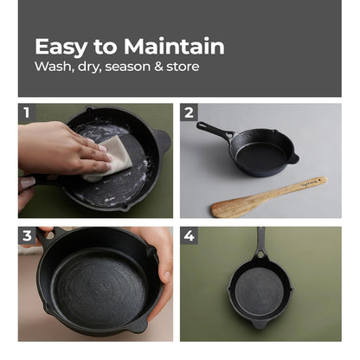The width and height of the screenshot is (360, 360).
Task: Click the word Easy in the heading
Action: (x=61, y=47)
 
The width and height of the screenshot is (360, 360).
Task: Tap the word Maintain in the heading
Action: (x=174, y=46)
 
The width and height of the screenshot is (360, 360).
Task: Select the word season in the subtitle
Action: (x=127, y=67)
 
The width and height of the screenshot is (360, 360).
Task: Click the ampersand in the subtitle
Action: (x=158, y=67)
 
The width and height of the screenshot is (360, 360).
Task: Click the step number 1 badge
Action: (x=27, y=112)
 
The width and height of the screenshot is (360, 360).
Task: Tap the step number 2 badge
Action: (x=189, y=112)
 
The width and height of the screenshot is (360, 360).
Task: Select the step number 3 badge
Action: (x=27, y=235)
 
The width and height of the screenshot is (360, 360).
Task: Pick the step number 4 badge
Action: (x=189, y=235)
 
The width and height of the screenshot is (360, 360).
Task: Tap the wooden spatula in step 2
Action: (x=269, y=197)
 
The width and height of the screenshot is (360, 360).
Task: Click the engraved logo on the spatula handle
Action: (x=310, y=183)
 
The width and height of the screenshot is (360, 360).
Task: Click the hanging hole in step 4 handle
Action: (x=260, y=254)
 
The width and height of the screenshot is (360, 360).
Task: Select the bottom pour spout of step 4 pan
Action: (x=259, y=325)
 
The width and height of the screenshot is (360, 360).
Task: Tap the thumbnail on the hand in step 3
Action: (x=167, y=276)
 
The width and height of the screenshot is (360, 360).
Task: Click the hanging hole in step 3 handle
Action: (x=49, y=235)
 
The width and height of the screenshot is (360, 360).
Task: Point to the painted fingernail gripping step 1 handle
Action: (x=28, y=183)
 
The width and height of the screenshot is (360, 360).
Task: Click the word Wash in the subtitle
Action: (x=53, y=67)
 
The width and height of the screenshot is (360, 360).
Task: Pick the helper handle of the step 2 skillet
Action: (x=294, y=158)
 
